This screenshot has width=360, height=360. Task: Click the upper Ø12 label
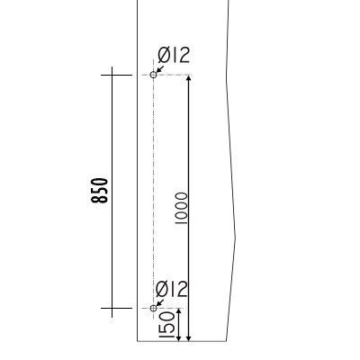(x=174, y=56)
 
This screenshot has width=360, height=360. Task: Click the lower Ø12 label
(x=172, y=289)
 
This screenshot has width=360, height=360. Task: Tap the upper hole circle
(x=153, y=75)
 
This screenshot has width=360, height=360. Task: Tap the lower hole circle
(x=153, y=308)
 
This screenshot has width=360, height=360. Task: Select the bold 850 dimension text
(x=99, y=191)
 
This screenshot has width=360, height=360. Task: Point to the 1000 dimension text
(x=181, y=209)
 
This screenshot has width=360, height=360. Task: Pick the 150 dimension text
(x=166, y=325)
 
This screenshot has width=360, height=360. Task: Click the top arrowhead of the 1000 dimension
(x=188, y=79)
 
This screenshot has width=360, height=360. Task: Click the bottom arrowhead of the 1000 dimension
(x=188, y=337)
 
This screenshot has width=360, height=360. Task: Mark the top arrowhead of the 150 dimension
(x=178, y=312)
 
